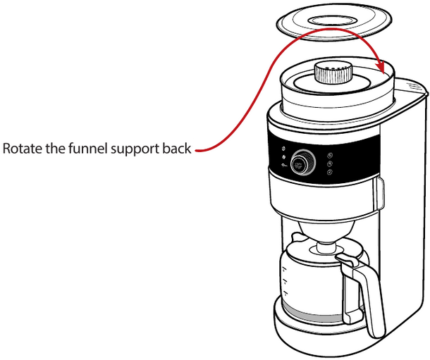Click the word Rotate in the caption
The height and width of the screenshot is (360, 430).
coord(21,150)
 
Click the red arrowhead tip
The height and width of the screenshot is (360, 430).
coord(381,73)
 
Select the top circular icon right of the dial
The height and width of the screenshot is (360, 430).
coord(331,156)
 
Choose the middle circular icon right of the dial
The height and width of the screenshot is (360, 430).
coord(331,164)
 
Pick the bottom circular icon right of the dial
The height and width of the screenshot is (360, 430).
coord(330,173)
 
